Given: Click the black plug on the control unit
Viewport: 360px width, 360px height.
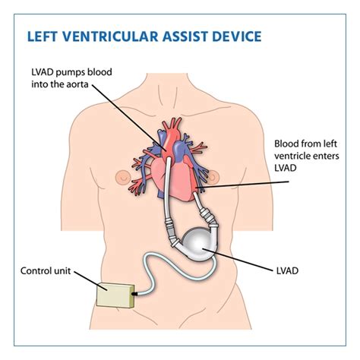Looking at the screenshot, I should pyautogui.click(x=134, y=292).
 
